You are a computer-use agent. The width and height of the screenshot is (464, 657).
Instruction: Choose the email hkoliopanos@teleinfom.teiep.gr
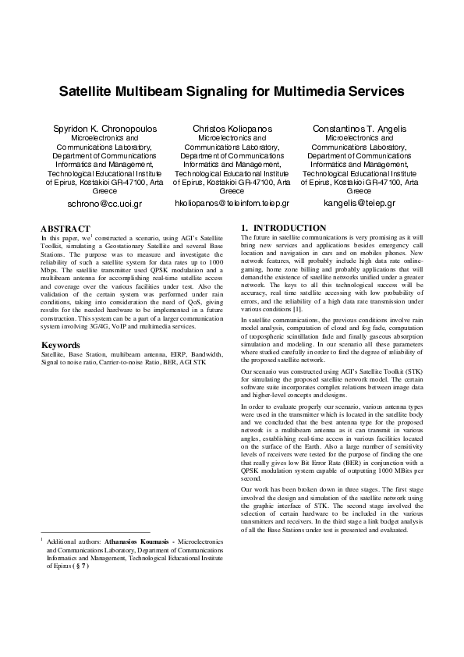tap(232, 203)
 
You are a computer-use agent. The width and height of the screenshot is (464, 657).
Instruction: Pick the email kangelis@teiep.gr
tap(359, 203)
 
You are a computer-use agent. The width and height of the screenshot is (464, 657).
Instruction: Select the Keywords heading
tap(61, 344)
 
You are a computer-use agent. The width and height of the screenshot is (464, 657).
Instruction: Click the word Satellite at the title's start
tap(88, 91)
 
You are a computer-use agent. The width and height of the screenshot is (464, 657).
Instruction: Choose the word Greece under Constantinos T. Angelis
tap(359, 191)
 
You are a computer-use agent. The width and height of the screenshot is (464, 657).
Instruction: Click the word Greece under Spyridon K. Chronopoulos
tap(104, 191)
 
